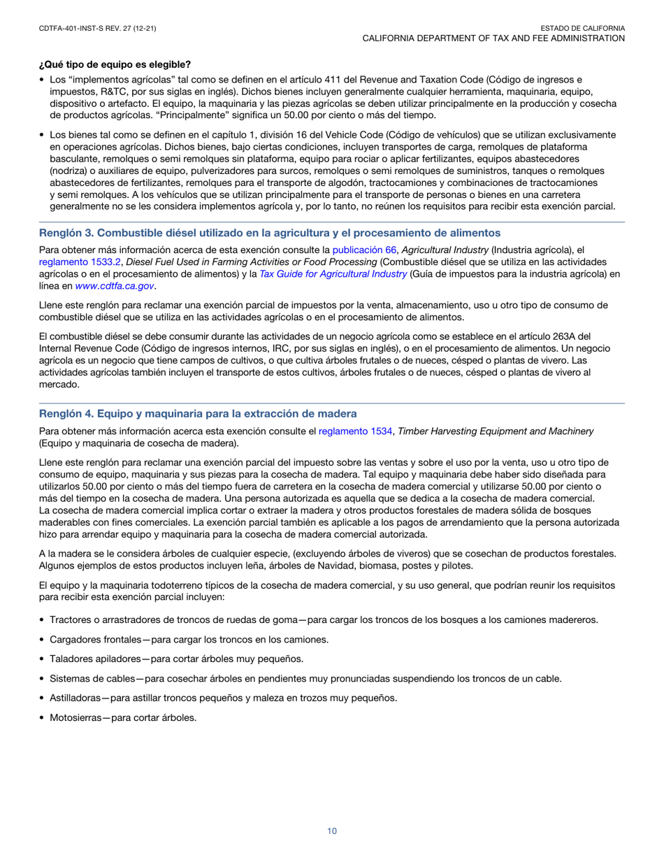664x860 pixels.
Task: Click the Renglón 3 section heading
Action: click(x=270, y=233)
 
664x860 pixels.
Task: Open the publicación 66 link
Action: click(x=364, y=250)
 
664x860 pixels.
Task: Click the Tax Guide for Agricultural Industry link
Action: click(x=333, y=273)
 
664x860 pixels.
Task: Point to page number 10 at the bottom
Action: click(x=332, y=831)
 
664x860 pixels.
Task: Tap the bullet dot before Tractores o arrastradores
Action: click(x=43, y=619)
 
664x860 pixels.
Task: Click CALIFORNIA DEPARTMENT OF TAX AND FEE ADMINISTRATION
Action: click(x=493, y=38)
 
